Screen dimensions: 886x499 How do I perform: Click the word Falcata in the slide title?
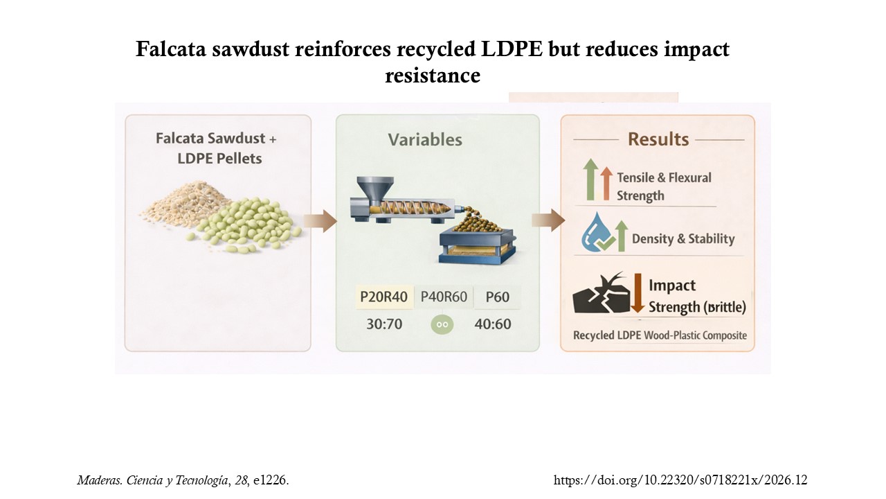[171, 49]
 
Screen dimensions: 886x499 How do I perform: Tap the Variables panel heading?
[425, 140]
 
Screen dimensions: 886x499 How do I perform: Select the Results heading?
[658, 139]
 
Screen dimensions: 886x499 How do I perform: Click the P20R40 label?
[383, 297]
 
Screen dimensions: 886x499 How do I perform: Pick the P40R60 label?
[444, 297]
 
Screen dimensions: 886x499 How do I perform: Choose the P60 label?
[498, 297]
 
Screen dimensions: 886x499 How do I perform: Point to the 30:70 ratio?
[384, 324]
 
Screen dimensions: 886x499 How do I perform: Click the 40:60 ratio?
[493, 324]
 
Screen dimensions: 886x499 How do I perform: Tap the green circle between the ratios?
[442, 324]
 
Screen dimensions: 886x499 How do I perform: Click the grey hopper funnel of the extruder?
[375, 189]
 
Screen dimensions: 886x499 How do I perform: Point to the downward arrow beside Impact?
[638, 292]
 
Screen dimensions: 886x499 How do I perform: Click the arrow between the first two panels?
[320, 221]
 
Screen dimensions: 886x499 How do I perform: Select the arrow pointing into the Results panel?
[548, 220]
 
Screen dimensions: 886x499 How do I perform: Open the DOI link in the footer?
[680, 480]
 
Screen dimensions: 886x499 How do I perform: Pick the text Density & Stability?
[683, 239]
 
